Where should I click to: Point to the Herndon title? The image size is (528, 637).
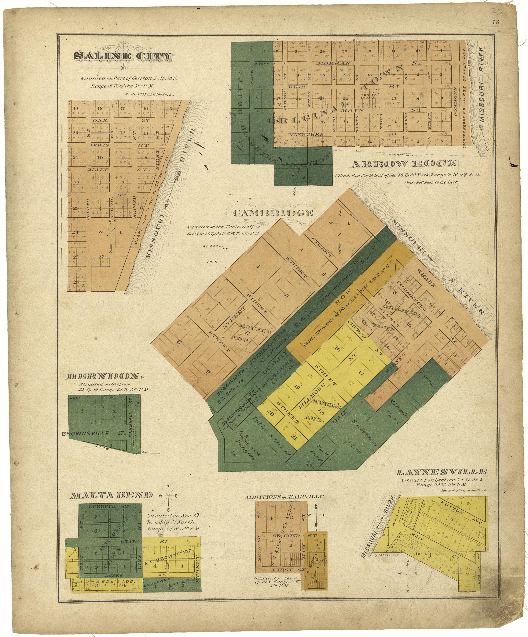(x=105, y=377)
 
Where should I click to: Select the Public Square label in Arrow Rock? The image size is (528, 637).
(x=369, y=96)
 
